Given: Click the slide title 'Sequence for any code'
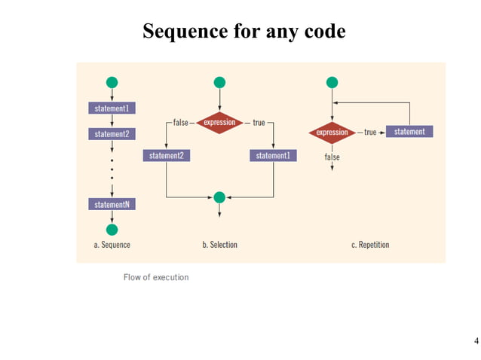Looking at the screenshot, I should [244, 32].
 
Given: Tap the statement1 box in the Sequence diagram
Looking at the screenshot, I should [112, 108].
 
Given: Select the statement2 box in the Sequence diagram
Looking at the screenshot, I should [112, 134].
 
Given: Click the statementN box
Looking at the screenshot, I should [112, 204].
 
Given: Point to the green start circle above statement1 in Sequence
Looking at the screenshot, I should [112, 82].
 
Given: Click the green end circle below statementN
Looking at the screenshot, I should [112, 229].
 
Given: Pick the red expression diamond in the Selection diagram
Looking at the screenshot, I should [219, 123].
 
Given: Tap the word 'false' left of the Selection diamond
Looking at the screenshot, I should [179, 123].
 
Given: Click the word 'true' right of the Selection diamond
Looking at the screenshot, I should [259, 123].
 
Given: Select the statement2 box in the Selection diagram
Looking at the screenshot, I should [166, 156].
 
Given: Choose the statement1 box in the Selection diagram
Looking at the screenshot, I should [273, 156].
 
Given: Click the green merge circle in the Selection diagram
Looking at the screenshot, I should [219, 197].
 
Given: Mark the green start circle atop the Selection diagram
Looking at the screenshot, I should [219, 82].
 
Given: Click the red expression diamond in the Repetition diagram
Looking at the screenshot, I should [332, 133].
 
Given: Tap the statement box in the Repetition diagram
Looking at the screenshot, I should [409, 132].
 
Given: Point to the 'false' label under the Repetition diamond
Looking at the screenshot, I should [332, 157].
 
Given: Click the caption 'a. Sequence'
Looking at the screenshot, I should [112, 245].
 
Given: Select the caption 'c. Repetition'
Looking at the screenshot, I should [370, 245].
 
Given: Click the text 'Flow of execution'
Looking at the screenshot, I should [156, 277].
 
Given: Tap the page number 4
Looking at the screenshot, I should [475, 340].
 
